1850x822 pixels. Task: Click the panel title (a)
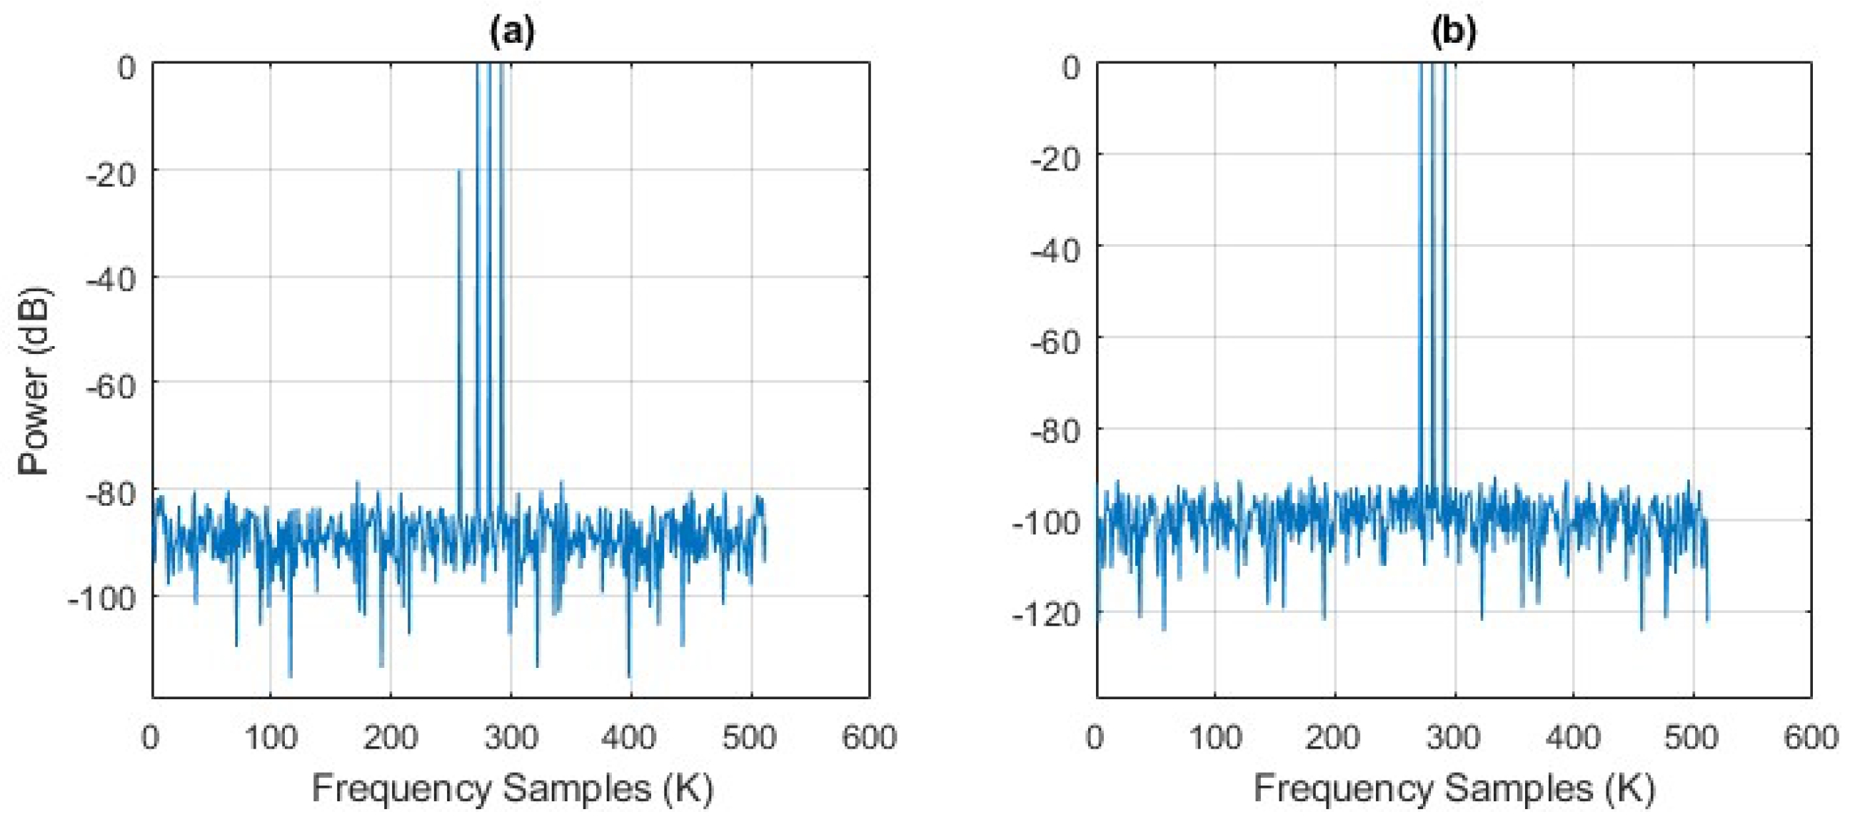(511, 32)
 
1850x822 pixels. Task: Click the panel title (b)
(1453, 32)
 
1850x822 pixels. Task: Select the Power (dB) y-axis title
(34, 380)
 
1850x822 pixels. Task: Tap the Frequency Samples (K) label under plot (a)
(512, 789)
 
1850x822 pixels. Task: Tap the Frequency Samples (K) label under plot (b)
(1454, 789)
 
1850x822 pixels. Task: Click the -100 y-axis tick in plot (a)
(103, 598)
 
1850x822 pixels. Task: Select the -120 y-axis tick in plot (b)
(1046, 614)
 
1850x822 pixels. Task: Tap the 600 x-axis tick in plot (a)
(869, 737)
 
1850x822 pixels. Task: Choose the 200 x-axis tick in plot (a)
(390, 737)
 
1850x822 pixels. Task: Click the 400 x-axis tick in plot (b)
(1573, 737)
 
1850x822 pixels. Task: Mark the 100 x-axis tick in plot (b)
(1215, 737)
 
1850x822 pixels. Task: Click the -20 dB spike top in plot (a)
(459, 170)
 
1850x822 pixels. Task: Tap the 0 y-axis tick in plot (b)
(1070, 68)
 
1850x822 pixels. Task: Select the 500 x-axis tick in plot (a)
(749, 737)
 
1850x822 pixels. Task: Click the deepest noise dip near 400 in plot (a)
(630, 677)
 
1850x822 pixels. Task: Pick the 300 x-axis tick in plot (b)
(1454, 737)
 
